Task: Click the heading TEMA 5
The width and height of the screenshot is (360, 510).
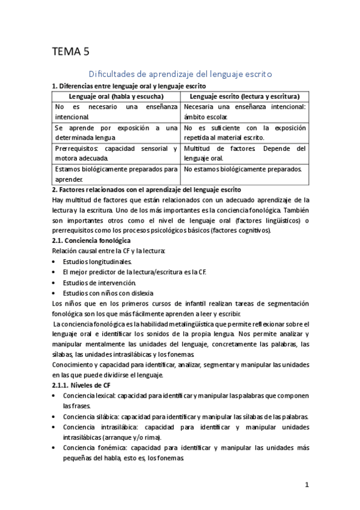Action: pos(72,52)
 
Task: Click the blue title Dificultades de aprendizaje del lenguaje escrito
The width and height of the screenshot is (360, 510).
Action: pos(180,74)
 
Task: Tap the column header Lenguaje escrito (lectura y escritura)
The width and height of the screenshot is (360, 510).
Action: pos(244,96)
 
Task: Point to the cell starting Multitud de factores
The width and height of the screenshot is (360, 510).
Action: pos(245,153)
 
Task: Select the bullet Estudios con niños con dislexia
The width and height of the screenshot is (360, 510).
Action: pos(106,293)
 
